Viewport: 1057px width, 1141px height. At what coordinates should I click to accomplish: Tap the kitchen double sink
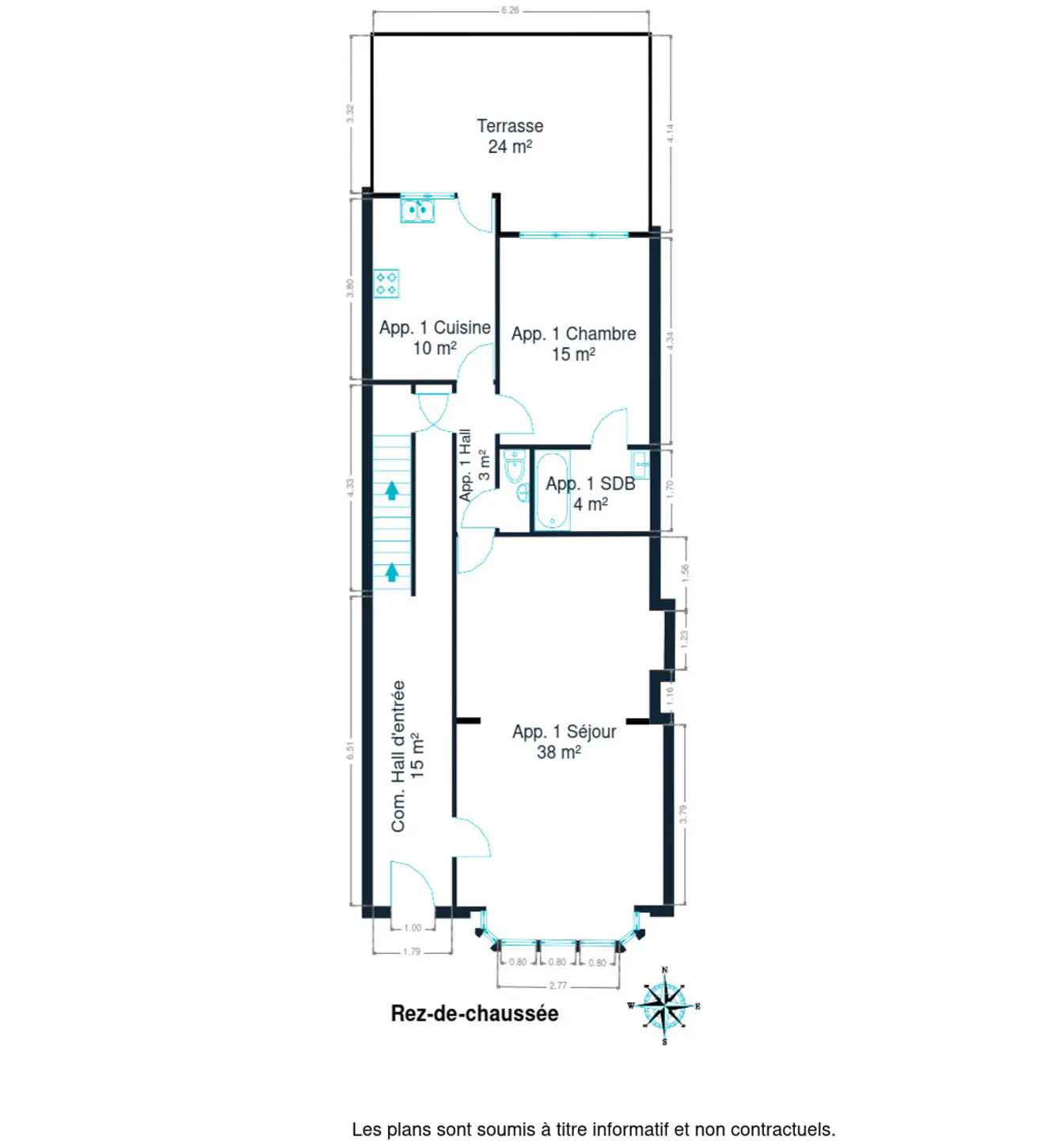pos(417,210)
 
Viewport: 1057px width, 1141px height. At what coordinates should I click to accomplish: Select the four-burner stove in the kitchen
pos(386,283)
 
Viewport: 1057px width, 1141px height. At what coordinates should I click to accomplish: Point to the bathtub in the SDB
pos(553,490)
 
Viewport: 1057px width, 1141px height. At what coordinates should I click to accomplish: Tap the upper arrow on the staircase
pos(392,490)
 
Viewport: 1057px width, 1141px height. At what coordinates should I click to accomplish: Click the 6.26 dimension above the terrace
pos(510,10)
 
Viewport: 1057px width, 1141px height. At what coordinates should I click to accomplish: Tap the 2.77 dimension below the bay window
pos(557,986)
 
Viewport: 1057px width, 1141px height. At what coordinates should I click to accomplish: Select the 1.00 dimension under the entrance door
pos(413,928)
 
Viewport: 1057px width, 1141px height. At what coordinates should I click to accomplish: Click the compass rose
pos(663,1006)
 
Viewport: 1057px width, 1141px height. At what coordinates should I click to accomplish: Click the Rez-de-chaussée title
pos(474,1013)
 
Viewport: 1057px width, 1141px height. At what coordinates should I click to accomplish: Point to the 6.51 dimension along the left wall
pos(350,750)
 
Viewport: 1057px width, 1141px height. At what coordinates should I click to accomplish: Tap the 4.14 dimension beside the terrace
pos(670,133)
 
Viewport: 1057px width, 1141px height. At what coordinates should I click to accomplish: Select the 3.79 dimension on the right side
pos(683,814)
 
